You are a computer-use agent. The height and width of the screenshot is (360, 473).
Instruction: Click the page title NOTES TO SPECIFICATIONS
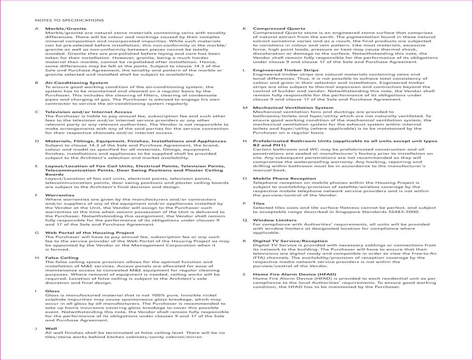coord(69,20)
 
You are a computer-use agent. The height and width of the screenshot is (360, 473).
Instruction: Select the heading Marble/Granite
coord(62,29)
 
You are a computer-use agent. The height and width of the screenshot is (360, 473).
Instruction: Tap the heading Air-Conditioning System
coord(76,82)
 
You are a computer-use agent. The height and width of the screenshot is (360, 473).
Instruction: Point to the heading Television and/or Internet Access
coord(88,112)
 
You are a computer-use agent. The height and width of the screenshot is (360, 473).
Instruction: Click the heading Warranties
coord(60,195)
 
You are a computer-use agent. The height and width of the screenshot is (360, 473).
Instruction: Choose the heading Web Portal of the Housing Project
coord(90,232)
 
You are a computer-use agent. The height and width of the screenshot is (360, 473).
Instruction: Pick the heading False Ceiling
coord(62,258)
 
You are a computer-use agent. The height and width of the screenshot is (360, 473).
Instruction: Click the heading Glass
coord(52,291)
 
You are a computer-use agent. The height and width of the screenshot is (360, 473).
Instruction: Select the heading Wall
coord(51,328)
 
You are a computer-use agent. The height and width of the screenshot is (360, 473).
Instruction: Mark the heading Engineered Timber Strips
coord(285,70)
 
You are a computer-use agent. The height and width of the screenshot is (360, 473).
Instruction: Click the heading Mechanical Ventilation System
coord(292,107)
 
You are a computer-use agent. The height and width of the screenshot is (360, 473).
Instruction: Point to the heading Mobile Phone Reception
coord(284,178)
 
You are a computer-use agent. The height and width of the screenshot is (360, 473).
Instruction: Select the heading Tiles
coord(259,203)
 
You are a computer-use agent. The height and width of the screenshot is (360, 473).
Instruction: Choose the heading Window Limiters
coord(274,220)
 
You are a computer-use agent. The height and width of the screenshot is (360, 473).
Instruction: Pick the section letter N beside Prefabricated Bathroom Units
coord(244,141)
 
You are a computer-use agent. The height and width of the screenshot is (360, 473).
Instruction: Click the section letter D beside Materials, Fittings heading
coord(37,141)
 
